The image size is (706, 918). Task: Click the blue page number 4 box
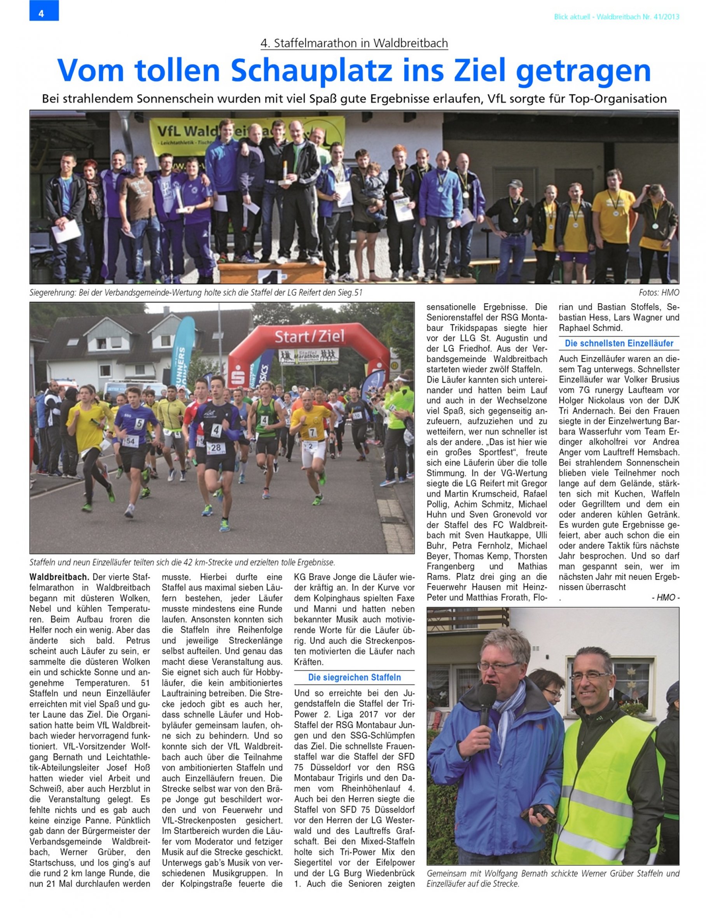pos(44,11)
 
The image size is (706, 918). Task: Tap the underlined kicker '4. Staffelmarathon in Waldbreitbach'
pos(354,43)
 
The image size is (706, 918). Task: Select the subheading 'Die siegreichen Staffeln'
pos(354,677)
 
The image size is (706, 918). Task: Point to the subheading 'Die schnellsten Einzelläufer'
pos(619,343)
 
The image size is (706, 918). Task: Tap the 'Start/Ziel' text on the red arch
pos(309,336)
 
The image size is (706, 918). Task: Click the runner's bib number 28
pos(216,448)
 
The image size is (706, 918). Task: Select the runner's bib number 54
pos(131,441)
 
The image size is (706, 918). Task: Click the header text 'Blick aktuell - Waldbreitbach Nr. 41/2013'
pos(616,17)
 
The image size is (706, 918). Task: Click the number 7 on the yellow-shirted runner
pos(312,432)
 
